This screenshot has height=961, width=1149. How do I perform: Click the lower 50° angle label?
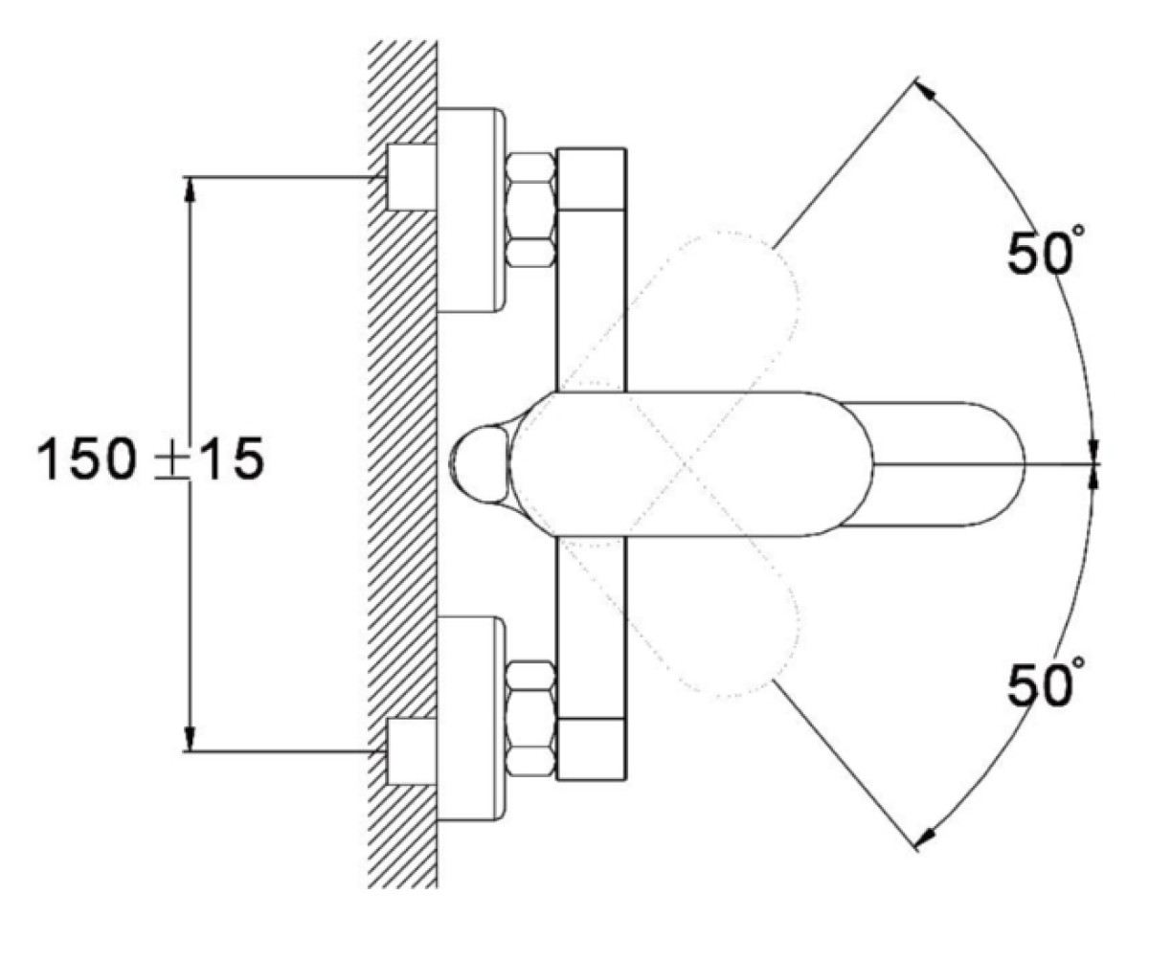1042,683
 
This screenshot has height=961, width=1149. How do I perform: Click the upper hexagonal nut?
530,210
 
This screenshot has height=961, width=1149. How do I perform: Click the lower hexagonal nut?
530,718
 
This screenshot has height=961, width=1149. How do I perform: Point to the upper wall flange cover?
471,210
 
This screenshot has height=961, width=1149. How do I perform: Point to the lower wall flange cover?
471,718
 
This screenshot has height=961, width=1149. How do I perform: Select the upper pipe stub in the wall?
410,177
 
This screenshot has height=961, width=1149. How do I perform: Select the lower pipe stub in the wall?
410,752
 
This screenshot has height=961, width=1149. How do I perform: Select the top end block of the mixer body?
590,178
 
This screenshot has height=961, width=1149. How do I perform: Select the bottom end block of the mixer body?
590,750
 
